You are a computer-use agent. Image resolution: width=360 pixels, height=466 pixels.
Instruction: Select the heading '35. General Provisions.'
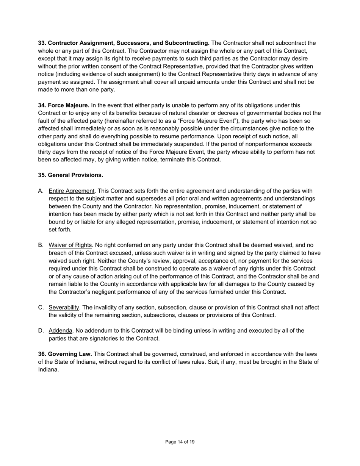(x=70, y=175)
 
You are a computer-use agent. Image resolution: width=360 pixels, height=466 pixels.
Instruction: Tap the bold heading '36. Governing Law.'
(x=65, y=354)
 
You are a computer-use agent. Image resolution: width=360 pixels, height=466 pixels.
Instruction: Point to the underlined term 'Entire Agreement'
(x=72, y=191)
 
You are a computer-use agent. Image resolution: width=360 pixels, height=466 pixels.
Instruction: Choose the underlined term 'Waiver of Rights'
(x=70, y=245)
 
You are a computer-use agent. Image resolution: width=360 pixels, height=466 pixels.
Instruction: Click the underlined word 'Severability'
(x=64, y=307)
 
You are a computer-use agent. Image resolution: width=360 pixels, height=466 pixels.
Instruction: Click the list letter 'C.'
(x=41, y=307)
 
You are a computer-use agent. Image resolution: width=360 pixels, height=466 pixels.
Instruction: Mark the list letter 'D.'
(x=41, y=331)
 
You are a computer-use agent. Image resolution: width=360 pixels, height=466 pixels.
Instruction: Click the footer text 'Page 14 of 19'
(x=180, y=442)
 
